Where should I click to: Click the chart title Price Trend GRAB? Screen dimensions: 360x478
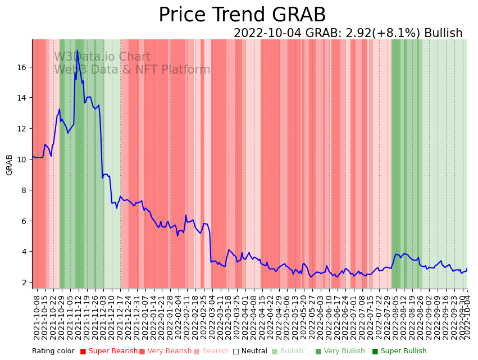tap(242, 15)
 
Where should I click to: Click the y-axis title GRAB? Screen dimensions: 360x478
tap(10, 165)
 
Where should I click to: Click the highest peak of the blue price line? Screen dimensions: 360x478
tap(78, 51)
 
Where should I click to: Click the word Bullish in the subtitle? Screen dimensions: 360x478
tap(443, 33)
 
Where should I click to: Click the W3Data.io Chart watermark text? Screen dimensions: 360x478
tap(102, 57)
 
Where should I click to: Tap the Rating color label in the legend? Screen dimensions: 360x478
tap(53, 352)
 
